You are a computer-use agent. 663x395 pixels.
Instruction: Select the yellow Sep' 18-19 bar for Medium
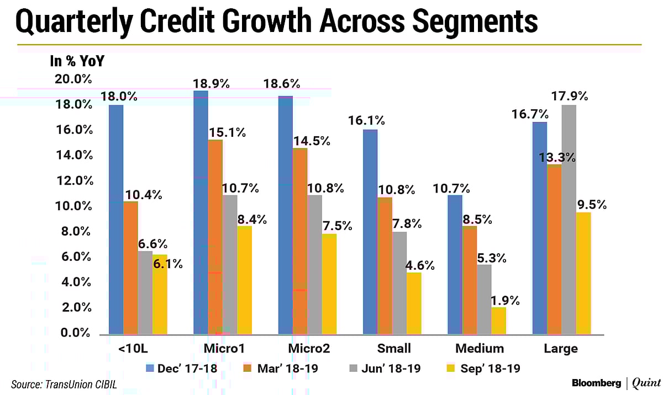[498, 321]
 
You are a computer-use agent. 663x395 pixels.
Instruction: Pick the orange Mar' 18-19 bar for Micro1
[215, 237]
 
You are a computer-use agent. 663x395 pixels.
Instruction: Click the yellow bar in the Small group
[413, 303]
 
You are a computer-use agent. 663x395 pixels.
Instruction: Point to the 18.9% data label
[211, 83]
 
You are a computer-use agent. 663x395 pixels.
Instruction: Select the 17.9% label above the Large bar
[570, 96]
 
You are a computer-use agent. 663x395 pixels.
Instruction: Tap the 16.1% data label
[366, 121]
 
